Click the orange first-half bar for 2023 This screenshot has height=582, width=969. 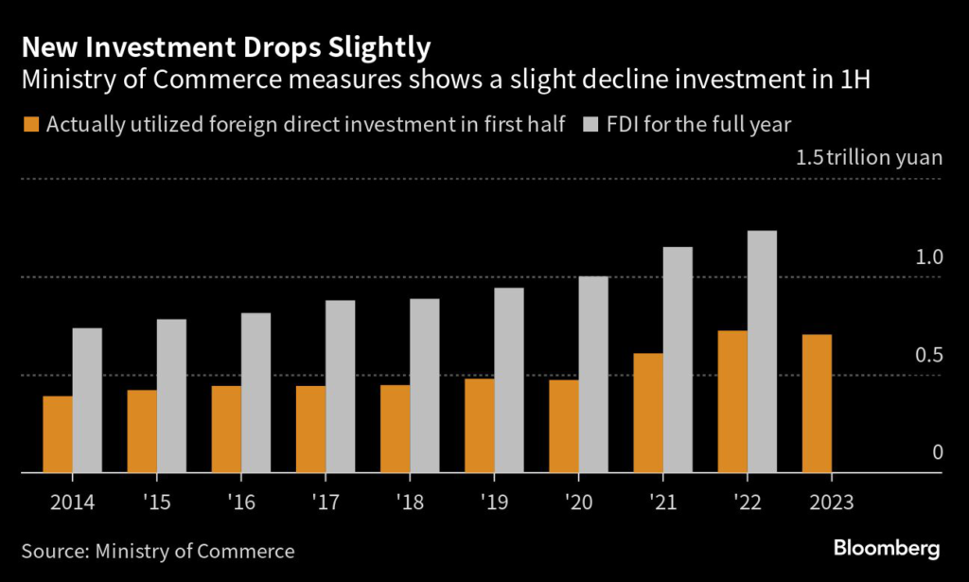click(x=817, y=403)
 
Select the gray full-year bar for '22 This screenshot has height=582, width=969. click(x=762, y=351)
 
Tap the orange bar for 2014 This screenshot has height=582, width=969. click(x=58, y=434)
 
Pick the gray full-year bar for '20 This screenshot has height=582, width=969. click(x=593, y=374)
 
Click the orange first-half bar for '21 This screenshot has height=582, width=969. click(x=648, y=413)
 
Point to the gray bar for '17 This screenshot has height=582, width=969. click(x=340, y=386)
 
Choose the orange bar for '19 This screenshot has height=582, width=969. click(x=479, y=425)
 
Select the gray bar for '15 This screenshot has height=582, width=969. click(x=171, y=396)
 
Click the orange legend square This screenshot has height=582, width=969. click(x=32, y=125)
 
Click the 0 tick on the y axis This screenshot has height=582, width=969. click(x=938, y=452)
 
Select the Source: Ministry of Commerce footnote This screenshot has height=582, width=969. click(x=158, y=550)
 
